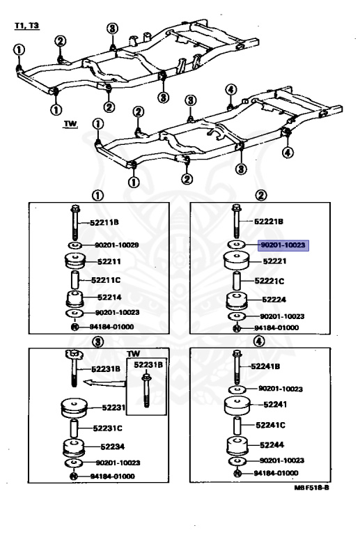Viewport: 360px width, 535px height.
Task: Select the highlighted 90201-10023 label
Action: click(x=283, y=245)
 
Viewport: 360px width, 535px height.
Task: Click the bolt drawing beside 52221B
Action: click(x=235, y=223)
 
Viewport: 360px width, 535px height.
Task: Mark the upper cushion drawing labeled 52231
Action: click(x=74, y=407)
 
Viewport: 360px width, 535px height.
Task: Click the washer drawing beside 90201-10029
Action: click(x=74, y=246)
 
